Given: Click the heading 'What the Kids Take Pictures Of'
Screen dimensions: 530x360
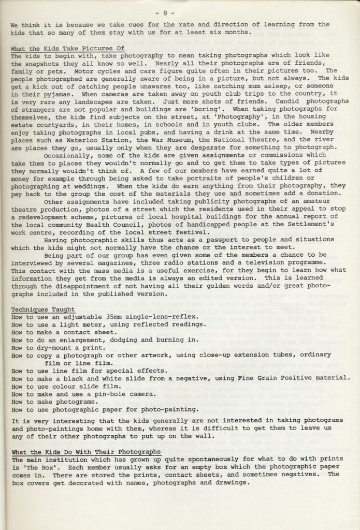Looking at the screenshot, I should pos(68,48).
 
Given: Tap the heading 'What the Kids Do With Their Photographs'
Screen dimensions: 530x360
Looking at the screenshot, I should pos(85,452).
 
